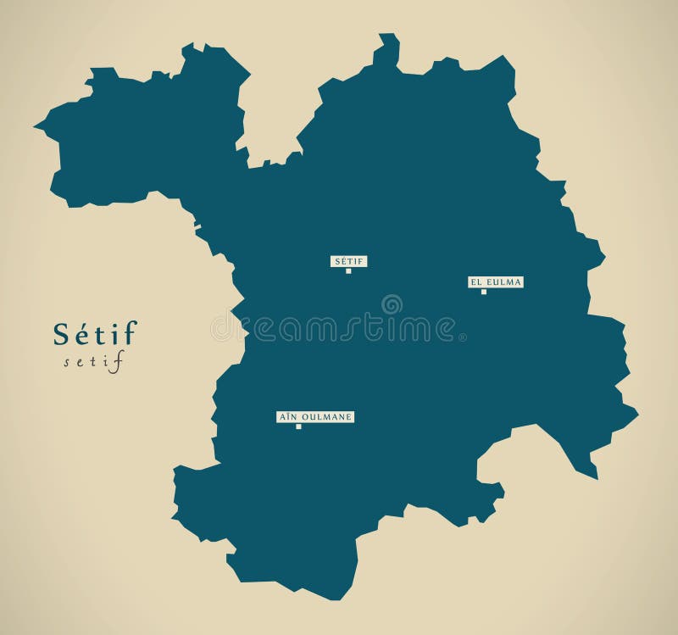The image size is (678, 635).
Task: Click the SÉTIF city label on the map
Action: tap(348, 261)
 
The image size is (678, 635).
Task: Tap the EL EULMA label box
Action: tap(496, 281)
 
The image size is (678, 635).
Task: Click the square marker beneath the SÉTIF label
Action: tap(348, 271)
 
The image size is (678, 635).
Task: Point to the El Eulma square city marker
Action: tap(484, 292)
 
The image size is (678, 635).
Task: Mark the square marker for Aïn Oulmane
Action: tap(298, 426)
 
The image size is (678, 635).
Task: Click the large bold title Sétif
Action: tap(94, 333)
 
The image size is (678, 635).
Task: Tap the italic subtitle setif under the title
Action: tap(93, 362)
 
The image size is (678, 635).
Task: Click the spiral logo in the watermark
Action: tap(392, 304)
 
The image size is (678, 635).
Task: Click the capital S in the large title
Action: tap(62, 334)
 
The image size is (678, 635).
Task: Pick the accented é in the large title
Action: tap(82, 333)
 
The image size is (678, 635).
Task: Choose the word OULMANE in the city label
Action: tap(325, 417)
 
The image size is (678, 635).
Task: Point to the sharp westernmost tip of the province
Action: tap(37, 128)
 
